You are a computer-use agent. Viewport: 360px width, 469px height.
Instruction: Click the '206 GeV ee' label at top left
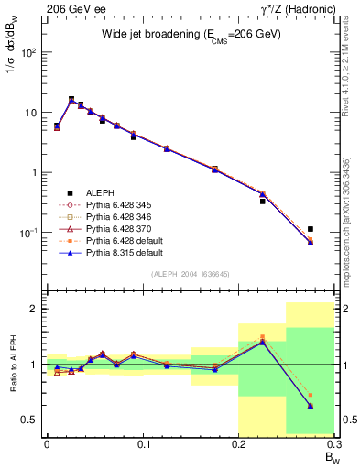point(69,7)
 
